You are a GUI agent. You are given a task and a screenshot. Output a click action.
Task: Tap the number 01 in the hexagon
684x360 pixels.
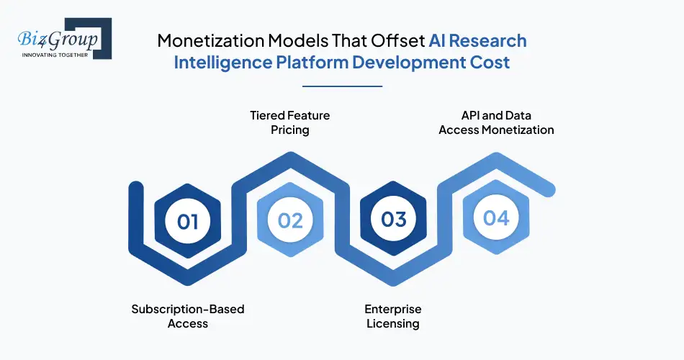tap(188, 220)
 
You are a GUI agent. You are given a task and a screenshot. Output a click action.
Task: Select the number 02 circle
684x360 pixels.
tap(290, 220)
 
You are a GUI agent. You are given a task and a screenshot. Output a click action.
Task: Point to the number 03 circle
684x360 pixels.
tap(394, 218)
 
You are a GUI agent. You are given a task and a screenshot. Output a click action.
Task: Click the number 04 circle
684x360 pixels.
tap(497, 217)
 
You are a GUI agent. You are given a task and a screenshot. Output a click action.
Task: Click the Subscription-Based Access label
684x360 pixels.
tap(188, 316)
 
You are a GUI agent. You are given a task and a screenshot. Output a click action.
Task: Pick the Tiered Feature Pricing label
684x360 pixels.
tap(290, 122)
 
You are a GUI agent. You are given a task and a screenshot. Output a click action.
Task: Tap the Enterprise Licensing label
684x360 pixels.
tap(393, 316)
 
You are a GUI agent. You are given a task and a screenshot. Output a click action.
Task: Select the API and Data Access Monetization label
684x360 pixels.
tap(497, 122)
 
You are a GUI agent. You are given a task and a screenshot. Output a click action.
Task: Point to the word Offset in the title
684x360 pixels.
tap(395, 40)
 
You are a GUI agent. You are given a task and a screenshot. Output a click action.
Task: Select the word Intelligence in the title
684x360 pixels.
tap(222, 63)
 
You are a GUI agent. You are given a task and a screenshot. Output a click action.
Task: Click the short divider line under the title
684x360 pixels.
tap(342, 86)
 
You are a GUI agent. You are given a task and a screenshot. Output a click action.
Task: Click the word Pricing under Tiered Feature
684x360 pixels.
tap(290, 130)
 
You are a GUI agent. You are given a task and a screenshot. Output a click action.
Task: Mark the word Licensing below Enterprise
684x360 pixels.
tap(393, 324)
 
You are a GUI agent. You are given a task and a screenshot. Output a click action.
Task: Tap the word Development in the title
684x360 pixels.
tap(410, 63)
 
